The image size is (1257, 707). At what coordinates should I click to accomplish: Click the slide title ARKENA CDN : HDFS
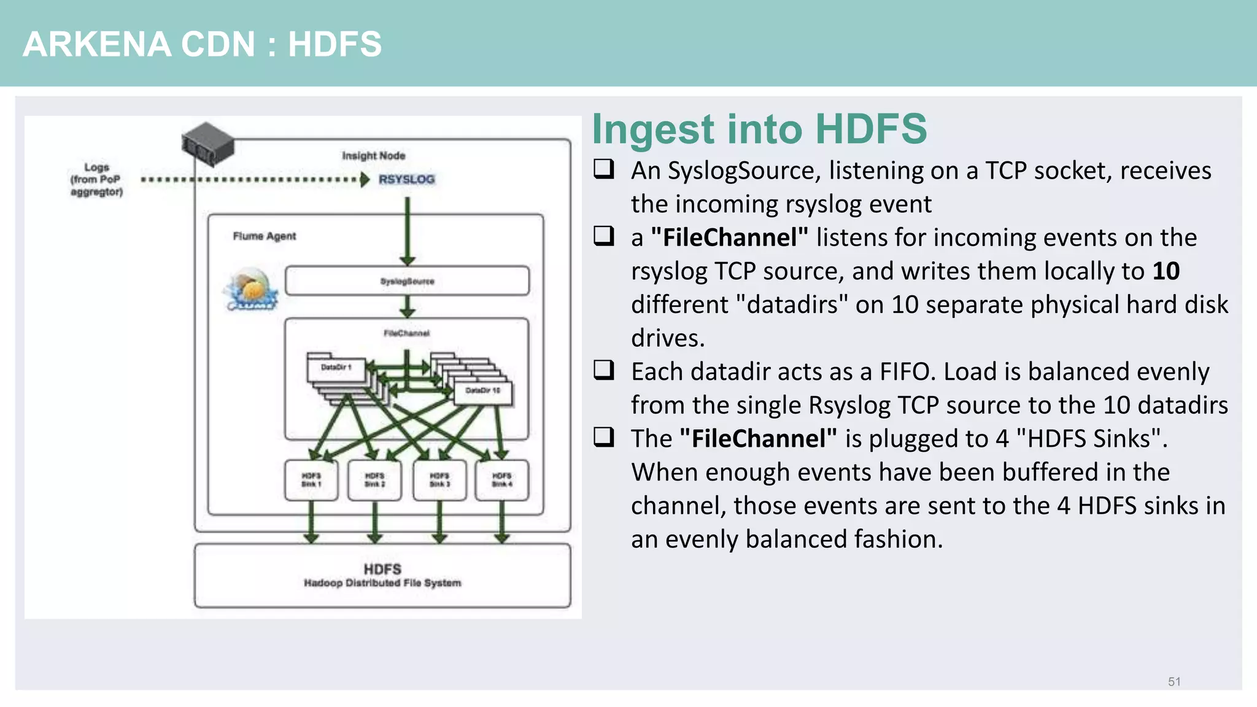202,44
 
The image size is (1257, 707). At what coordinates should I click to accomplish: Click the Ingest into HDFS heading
759,129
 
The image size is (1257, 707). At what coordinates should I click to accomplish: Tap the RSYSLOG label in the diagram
406,179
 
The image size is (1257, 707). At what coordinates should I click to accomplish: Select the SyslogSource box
407,281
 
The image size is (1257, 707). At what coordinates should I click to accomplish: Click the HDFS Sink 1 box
311,480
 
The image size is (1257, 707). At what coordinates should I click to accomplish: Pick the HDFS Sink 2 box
374,480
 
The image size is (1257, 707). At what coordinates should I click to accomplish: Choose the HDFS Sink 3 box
439,480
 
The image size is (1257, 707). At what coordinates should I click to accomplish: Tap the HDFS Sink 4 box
501,480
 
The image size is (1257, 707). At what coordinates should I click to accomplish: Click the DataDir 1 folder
336,368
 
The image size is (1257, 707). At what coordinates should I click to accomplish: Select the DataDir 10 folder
482,391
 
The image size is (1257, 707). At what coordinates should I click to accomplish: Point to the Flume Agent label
264,236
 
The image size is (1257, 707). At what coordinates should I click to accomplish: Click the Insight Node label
373,156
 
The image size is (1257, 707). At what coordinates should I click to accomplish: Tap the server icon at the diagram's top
208,144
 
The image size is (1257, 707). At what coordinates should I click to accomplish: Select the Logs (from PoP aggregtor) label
96,179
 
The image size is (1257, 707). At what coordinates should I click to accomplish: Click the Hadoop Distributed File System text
382,583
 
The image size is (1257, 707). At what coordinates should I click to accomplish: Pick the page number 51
1174,682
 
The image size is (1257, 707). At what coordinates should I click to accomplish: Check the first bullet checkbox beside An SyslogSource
604,169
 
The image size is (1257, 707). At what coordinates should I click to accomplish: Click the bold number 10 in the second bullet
1166,271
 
